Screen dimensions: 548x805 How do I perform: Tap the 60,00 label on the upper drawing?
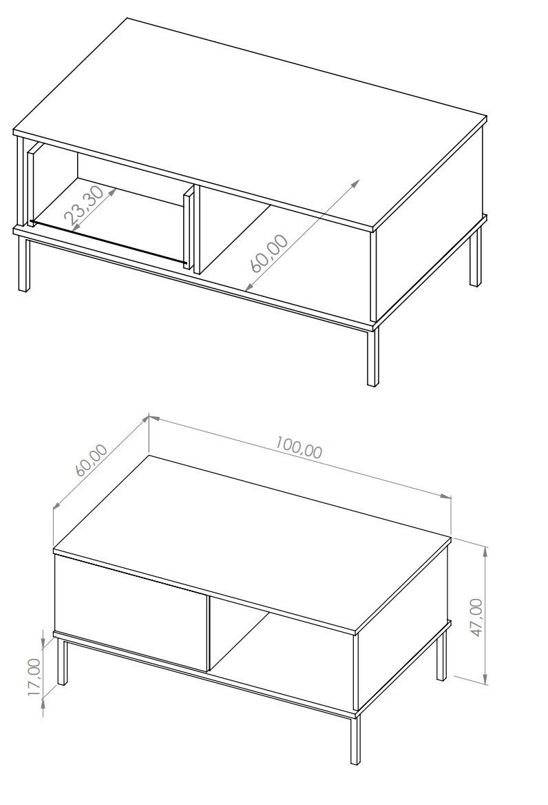click(269, 253)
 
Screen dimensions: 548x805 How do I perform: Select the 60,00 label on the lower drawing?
click(92, 460)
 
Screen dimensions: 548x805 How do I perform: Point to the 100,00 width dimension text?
click(299, 447)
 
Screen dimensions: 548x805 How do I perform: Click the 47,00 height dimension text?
click(476, 618)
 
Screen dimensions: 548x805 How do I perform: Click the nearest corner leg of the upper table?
click(373, 357)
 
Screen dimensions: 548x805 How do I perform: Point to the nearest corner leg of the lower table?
click(355, 739)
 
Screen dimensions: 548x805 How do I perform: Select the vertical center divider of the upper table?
click(196, 228)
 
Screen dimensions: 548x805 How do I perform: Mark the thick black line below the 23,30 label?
click(108, 243)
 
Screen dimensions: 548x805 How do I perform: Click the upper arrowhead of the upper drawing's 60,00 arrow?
click(355, 184)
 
